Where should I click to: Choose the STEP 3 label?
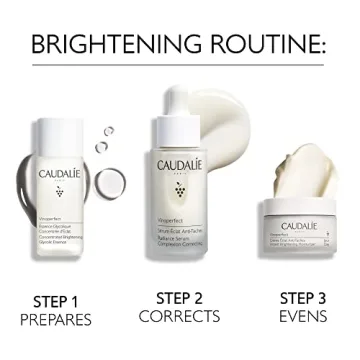(302, 297)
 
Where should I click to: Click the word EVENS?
(302, 316)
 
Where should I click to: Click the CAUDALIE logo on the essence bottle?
(61, 172)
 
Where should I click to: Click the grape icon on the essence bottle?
(61, 190)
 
